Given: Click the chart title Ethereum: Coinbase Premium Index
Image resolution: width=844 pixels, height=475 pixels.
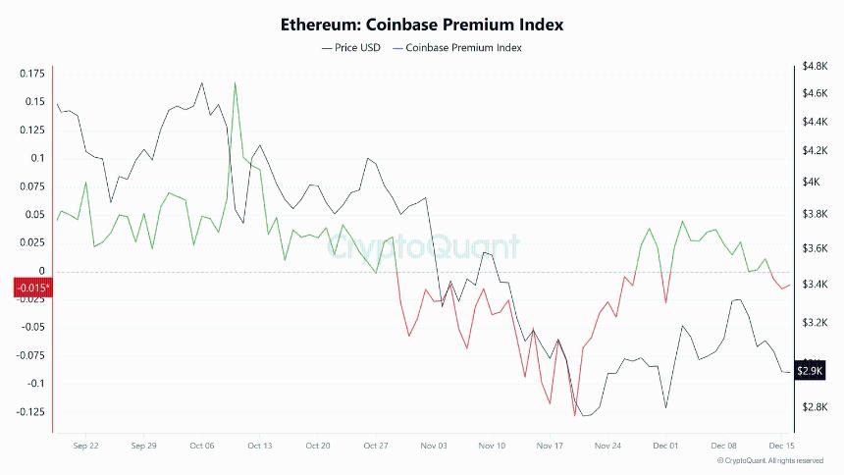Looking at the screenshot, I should [422, 24].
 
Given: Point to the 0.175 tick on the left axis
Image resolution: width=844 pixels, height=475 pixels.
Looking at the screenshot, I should [31, 74].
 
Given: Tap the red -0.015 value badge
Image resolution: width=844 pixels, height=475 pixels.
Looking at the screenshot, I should [31, 288].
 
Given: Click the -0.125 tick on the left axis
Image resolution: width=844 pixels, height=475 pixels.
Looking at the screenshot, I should [29, 411].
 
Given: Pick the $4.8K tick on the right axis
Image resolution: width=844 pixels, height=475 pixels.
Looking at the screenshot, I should [817, 66].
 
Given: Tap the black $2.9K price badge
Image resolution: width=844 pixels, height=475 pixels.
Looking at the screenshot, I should [810, 370].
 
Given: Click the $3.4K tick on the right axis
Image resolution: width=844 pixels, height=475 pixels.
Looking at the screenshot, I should [817, 285].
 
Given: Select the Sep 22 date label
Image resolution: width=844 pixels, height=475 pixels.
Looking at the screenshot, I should [86, 446].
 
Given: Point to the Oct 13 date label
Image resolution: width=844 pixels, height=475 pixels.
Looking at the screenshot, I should [259, 446].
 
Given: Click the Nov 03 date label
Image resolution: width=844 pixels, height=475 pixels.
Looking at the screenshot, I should [434, 446].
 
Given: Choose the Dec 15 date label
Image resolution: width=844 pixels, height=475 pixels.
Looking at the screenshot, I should [781, 446].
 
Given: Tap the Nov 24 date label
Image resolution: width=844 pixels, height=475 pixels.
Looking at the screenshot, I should [607, 446].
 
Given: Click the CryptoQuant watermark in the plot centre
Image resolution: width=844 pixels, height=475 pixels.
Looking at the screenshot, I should [422, 245].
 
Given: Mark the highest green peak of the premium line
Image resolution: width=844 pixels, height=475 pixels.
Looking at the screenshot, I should [236, 83].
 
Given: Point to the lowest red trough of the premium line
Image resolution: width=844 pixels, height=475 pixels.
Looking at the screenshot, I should [574, 415].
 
